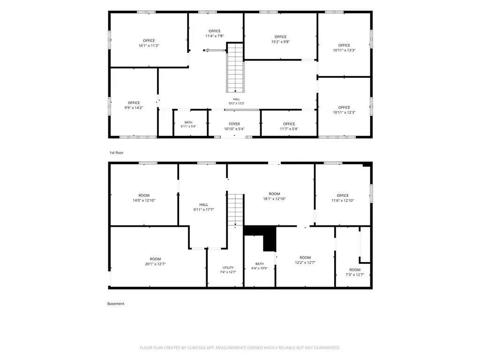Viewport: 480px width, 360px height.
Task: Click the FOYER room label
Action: (x=234, y=124)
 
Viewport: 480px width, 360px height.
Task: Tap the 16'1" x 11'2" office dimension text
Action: (x=149, y=45)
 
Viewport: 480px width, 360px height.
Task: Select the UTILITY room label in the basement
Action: (x=228, y=268)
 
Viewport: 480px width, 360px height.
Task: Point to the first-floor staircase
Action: (x=235, y=67)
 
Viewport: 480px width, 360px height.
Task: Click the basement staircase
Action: (x=235, y=210)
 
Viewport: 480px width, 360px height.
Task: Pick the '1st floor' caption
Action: (x=116, y=152)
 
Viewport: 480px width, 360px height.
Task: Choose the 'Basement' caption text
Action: (x=116, y=304)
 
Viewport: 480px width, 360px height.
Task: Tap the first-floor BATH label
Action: (x=188, y=122)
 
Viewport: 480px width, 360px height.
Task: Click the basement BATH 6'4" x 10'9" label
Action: (x=259, y=266)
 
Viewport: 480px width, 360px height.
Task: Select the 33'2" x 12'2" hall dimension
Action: (x=236, y=104)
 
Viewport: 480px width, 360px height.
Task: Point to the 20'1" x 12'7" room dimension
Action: (x=155, y=264)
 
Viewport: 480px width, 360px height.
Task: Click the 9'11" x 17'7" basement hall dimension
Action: (x=203, y=210)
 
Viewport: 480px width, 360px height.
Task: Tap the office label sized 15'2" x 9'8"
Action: (x=280, y=39)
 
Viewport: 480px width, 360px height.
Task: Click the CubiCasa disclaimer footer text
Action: (x=240, y=348)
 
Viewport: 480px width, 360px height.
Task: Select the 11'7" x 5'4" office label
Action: (x=289, y=127)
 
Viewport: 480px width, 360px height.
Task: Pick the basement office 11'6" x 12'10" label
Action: (x=343, y=198)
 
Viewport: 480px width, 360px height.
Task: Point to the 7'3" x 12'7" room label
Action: (x=355, y=272)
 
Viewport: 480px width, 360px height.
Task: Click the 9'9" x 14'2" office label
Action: (x=134, y=105)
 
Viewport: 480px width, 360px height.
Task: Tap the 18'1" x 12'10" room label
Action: (x=274, y=196)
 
